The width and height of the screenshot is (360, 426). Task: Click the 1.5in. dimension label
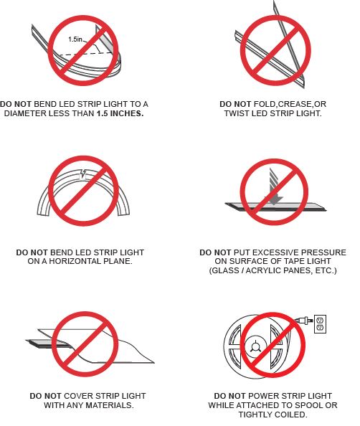click(75, 39)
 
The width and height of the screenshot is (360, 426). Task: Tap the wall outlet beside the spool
click(320, 324)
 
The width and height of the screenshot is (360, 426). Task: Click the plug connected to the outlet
click(303, 320)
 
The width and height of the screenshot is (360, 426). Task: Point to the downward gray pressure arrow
click(274, 186)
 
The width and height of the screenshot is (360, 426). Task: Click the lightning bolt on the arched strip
click(84, 174)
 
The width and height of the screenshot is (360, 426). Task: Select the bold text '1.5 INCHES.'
click(120, 113)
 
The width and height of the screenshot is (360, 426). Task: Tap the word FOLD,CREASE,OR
click(290, 104)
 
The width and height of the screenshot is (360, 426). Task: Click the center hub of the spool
click(255, 347)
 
